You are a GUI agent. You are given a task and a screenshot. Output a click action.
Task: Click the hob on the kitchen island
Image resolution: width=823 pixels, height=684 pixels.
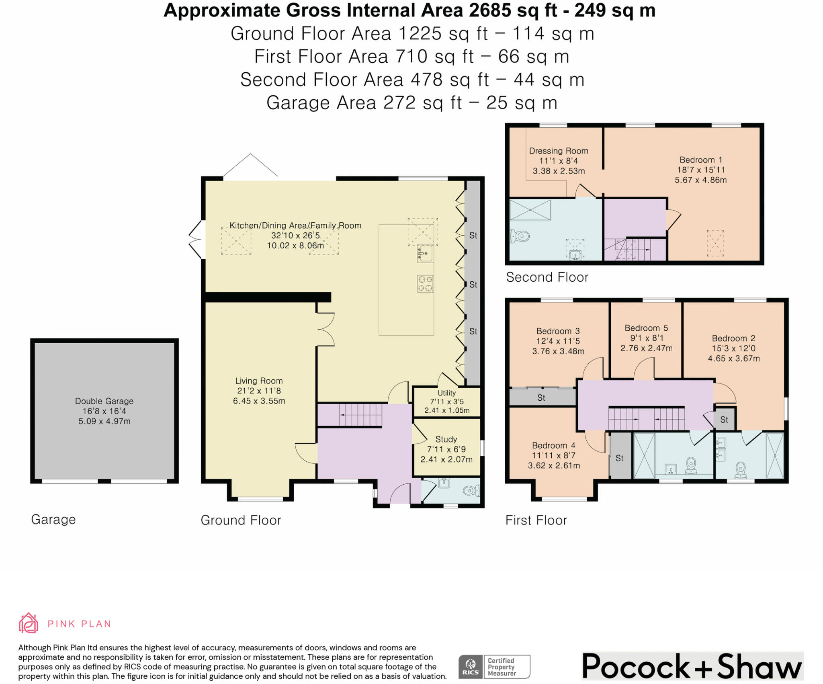pos(425,283)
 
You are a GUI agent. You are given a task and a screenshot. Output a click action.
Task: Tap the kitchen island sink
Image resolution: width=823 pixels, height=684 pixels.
pos(425,253)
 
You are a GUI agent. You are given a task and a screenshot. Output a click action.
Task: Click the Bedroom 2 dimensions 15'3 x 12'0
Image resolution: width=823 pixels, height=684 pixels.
pos(734,348)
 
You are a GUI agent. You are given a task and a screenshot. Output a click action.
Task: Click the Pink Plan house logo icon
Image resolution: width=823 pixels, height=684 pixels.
pos(29,623)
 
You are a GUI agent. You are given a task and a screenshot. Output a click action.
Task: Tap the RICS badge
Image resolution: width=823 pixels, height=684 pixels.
pos(494,667)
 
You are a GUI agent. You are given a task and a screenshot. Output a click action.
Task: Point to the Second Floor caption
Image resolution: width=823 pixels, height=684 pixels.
pos(547,277)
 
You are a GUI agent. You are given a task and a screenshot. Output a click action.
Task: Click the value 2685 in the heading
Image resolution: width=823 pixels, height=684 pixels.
pos(490,10)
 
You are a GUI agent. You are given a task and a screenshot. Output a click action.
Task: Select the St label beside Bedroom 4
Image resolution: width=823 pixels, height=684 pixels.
pos(619,458)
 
